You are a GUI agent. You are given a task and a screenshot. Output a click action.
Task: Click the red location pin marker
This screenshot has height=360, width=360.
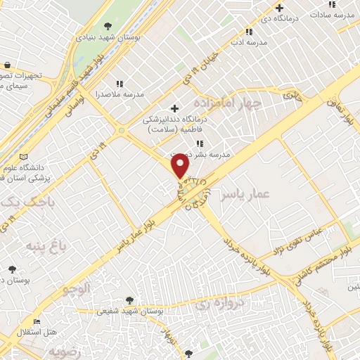pyautogui.click(x=181, y=166)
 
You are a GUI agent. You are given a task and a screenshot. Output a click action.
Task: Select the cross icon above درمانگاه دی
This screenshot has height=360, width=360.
pyautogui.click(x=280, y=8)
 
